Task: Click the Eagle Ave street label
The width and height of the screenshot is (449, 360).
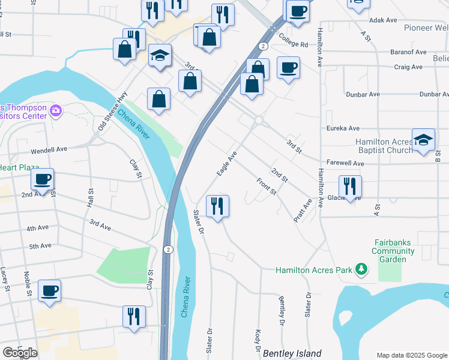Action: tap(228, 163)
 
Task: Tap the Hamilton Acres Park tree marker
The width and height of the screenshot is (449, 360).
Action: tap(361, 269)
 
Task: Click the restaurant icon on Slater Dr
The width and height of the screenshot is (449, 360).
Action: tap(217, 206)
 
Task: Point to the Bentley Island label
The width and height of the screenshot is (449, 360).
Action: tap(292, 353)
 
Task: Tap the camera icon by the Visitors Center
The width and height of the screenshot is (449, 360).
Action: tap(56, 110)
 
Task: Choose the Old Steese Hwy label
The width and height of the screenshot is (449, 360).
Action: tap(113, 111)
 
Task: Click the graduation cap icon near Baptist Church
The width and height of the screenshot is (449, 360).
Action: tap(423, 140)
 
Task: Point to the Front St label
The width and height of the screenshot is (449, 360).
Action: tap(266, 186)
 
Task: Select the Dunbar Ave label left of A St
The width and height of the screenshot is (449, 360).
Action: tap(363, 94)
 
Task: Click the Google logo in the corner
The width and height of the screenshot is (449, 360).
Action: tap(20, 353)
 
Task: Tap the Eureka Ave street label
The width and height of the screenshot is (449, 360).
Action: tap(342, 128)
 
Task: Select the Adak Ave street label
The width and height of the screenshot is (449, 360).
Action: tap(384, 20)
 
